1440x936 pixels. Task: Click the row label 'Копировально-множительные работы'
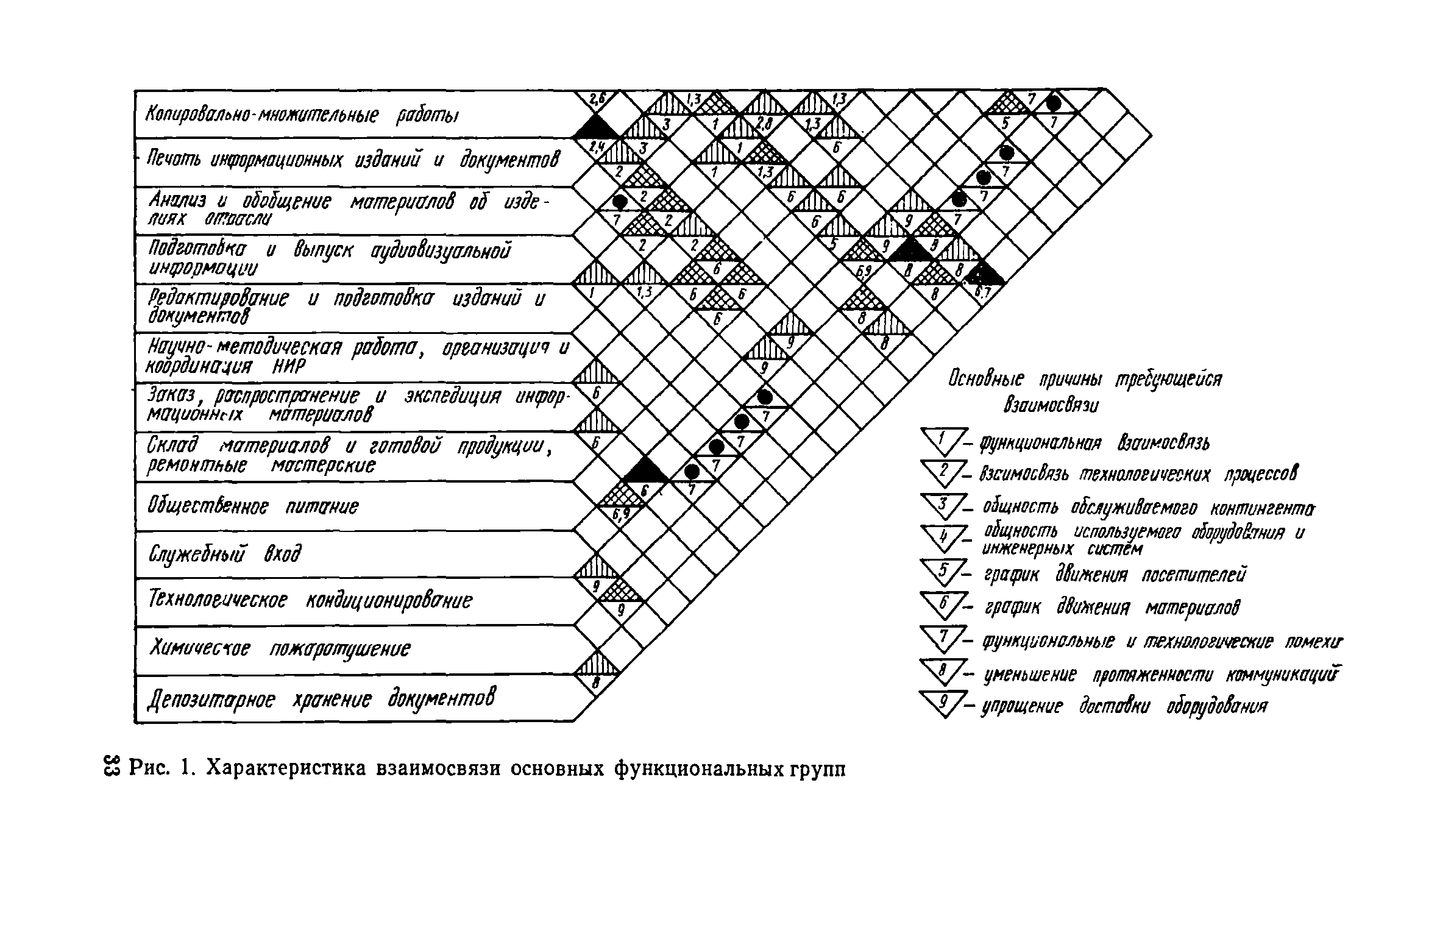[x=302, y=115]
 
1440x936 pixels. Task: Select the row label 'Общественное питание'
[x=253, y=506]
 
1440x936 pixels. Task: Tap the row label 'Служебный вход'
[x=225, y=554]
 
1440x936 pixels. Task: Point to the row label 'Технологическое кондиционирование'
[x=310, y=601]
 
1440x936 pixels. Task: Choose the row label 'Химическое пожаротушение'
[x=280, y=648]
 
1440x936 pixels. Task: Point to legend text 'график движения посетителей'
[x=1115, y=575]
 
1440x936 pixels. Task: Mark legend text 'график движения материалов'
[x=1112, y=608]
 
